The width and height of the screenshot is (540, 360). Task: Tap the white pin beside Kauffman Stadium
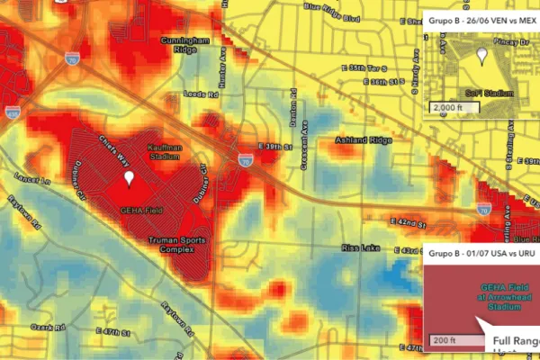coord(130,178)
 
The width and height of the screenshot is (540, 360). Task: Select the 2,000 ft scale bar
coord(452,107)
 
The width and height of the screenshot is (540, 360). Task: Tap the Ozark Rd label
coord(42,326)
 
